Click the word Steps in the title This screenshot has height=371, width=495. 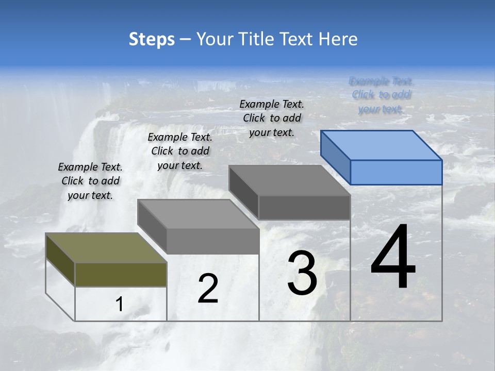click(x=152, y=40)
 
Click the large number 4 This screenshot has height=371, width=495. click(x=393, y=257)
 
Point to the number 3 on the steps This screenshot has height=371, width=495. click(x=302, y=273)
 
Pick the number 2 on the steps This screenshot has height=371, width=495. click(x=208, y=289)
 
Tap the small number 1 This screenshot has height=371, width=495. click(x=119, y=305)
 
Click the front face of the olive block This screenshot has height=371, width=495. click(x=121, y=274)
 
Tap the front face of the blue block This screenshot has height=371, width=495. click(x=396, y=172)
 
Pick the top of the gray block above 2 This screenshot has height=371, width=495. click(x=198, y=214)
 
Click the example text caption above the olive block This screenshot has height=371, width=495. click(x=90, y=181)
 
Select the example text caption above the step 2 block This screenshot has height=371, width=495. click(x=180, y=151)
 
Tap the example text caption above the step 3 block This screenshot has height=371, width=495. click(x=272, y=118)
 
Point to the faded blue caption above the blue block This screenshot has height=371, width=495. click(x=381, y=95)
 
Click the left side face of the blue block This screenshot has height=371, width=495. click(x=335, y=157)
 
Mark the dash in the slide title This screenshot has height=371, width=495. click(x=186, y=40)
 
